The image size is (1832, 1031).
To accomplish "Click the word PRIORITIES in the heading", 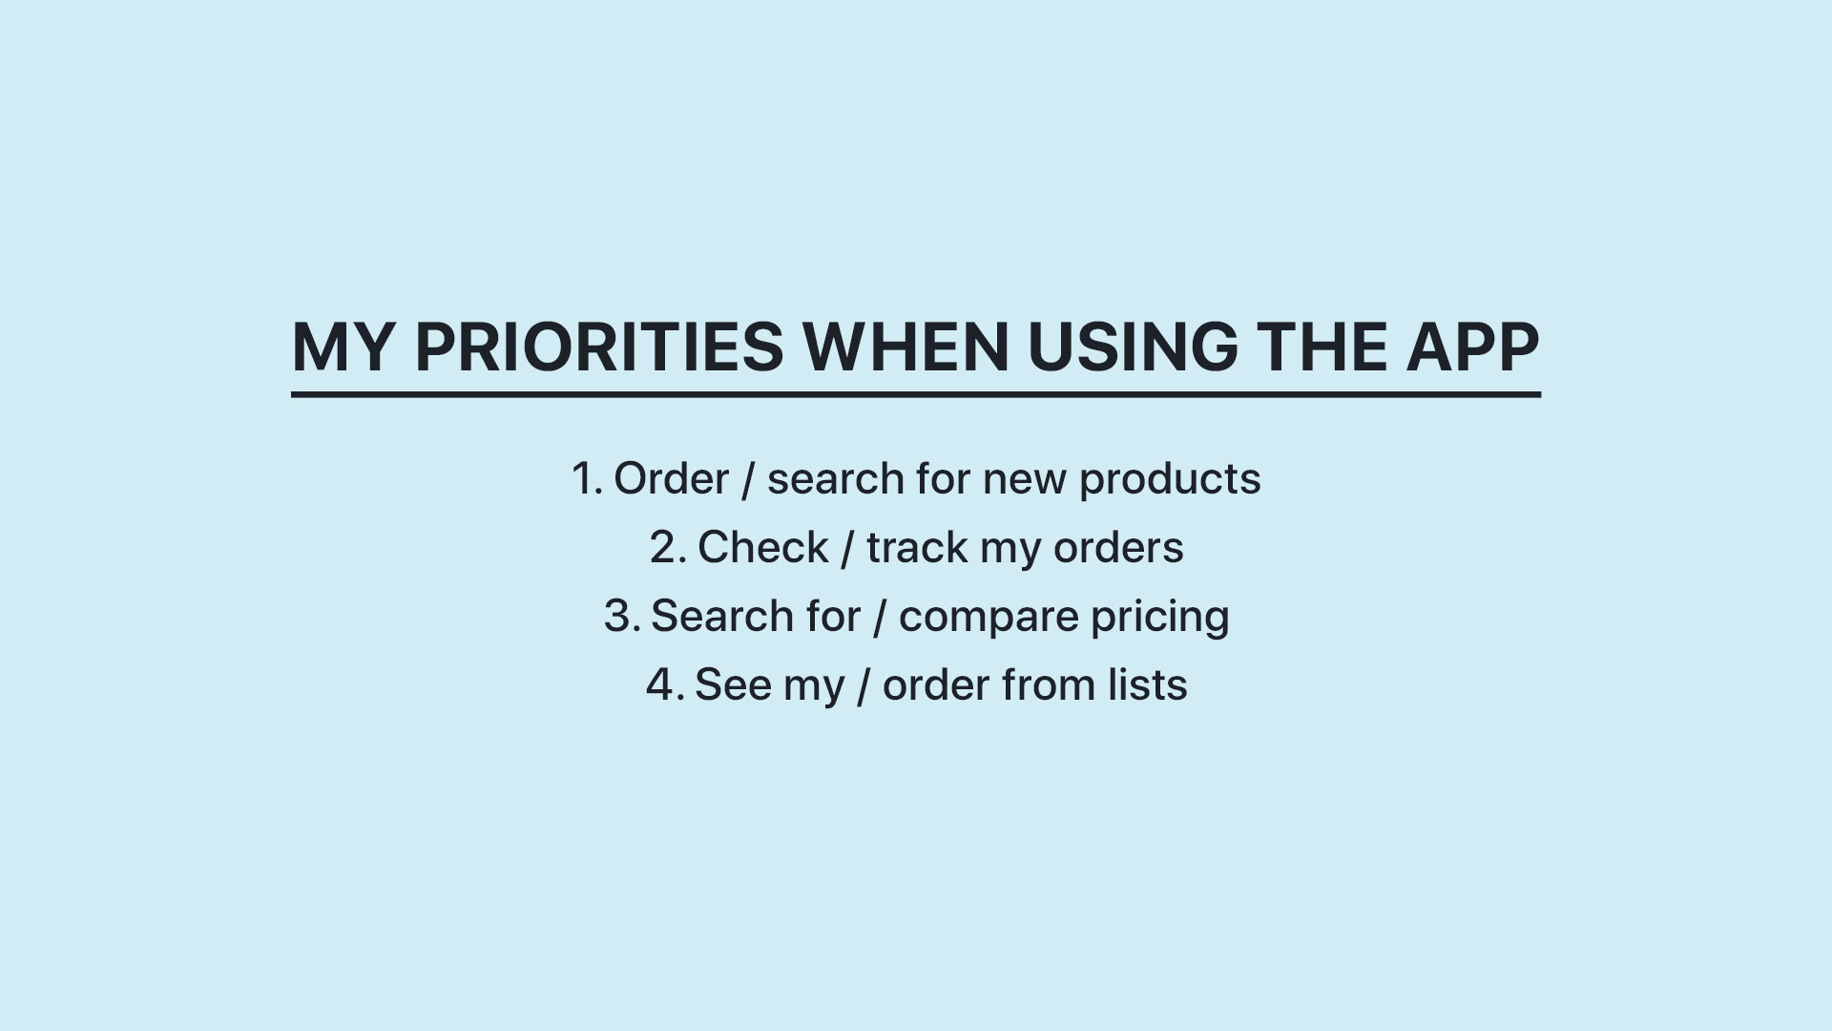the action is [599, 347].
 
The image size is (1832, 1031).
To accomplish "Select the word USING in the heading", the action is [1133, 347].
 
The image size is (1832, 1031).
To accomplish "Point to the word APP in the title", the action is [1473, 347].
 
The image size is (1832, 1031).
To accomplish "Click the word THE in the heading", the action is [1322, 347].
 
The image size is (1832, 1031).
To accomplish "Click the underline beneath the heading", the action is [916, 394].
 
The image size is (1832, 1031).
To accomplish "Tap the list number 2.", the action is [668, 548].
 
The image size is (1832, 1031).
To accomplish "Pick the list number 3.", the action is [622, 617].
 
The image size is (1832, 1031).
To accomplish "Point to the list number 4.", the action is [665, 685].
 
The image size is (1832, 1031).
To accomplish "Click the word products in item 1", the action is [1170, 479].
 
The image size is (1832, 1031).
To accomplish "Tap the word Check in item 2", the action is [763, 548].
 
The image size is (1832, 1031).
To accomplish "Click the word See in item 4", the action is [733, 685].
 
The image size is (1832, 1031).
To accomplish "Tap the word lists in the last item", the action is [1148, 685].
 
